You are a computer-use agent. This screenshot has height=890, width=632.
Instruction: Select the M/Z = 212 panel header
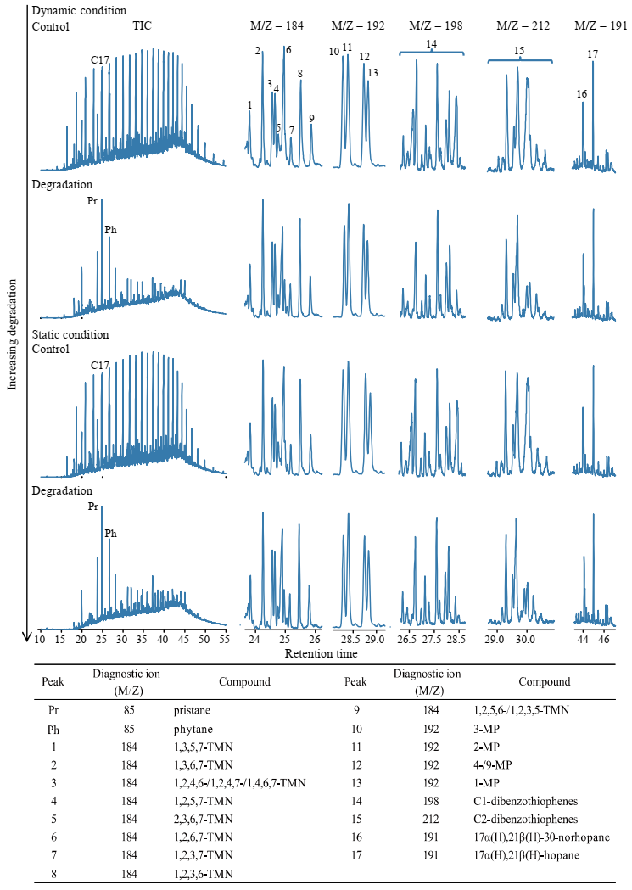click(x=523, y=26)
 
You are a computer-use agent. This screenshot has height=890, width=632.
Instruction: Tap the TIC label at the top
click(x=143, y=26)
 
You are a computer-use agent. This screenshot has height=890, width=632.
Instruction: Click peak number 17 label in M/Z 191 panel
click(x=592, y=54)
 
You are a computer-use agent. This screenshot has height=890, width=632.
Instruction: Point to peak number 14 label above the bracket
click(x=432, y=43)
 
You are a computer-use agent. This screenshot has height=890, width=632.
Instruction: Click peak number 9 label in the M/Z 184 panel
click(x=312, y=118)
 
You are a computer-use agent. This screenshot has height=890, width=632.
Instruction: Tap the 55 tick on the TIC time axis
click(x=224, y=638)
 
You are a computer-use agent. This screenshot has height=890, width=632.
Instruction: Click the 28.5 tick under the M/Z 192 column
click(x=348, y=638)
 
